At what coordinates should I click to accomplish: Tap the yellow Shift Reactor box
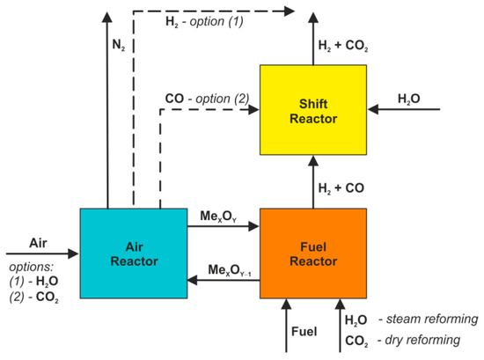click(x=312, y=109)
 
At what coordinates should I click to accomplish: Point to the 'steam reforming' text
click(x=436, y=319)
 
